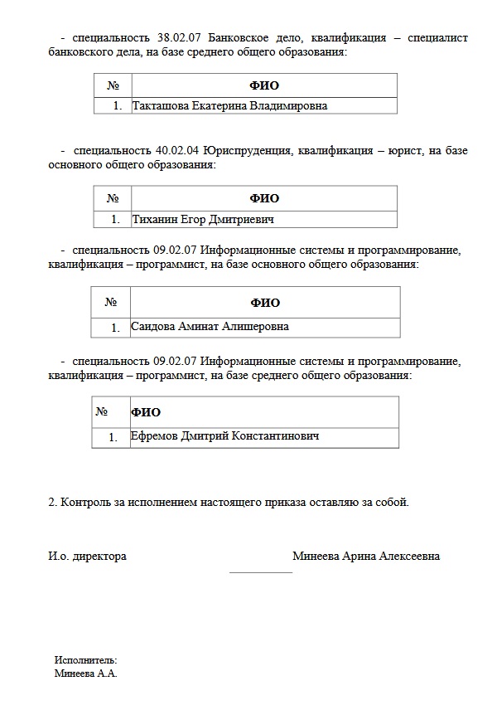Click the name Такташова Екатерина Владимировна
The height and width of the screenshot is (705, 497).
coord(229,105)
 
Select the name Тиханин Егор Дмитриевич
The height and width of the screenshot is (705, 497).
coord(203,220)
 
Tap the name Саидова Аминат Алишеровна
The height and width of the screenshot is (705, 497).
coord(210,327)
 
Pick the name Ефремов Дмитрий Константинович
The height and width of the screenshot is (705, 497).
coord(224,436)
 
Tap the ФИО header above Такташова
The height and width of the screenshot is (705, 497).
coord(264,85)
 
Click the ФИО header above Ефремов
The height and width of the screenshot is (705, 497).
coord(146,412)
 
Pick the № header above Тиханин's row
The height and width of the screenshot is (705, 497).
coord(113,198)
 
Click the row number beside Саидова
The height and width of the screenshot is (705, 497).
coord(116,328)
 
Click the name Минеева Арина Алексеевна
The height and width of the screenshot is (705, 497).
coord(366,556)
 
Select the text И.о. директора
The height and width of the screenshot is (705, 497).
coord(88,556)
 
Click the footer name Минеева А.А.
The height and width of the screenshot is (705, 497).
coord(86,673)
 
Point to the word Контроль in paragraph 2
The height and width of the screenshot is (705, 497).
coord(87,502)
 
